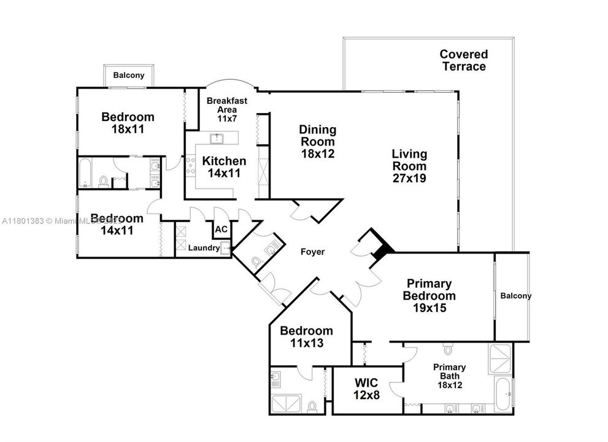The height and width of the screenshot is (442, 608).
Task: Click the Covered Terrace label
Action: coord(463,60)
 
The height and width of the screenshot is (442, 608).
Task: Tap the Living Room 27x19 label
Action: coord(409,166)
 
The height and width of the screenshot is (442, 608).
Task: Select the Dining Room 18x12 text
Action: coord(317,142)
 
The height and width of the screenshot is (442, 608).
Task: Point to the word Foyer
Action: coord(312,252)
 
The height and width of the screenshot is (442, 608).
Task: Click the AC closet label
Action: coord(221,230)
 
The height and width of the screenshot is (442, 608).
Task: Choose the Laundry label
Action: coord(204,248)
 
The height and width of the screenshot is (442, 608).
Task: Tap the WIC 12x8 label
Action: coord(367,389)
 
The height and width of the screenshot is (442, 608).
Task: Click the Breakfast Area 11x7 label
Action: coord(221,109)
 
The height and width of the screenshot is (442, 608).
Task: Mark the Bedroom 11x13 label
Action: coord(306,337)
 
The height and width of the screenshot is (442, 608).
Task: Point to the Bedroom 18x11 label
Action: coord(128,123)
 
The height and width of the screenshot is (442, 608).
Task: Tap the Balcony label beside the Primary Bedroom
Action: coord(515,296)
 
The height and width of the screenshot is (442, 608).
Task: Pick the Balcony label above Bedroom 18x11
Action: coord(129,76)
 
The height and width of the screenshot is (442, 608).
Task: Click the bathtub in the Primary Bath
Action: coord(503,392)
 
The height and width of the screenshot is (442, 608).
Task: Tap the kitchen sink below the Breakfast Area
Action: coord(217,138)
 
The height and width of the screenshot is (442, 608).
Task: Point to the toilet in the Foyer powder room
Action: coord(256,262)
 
